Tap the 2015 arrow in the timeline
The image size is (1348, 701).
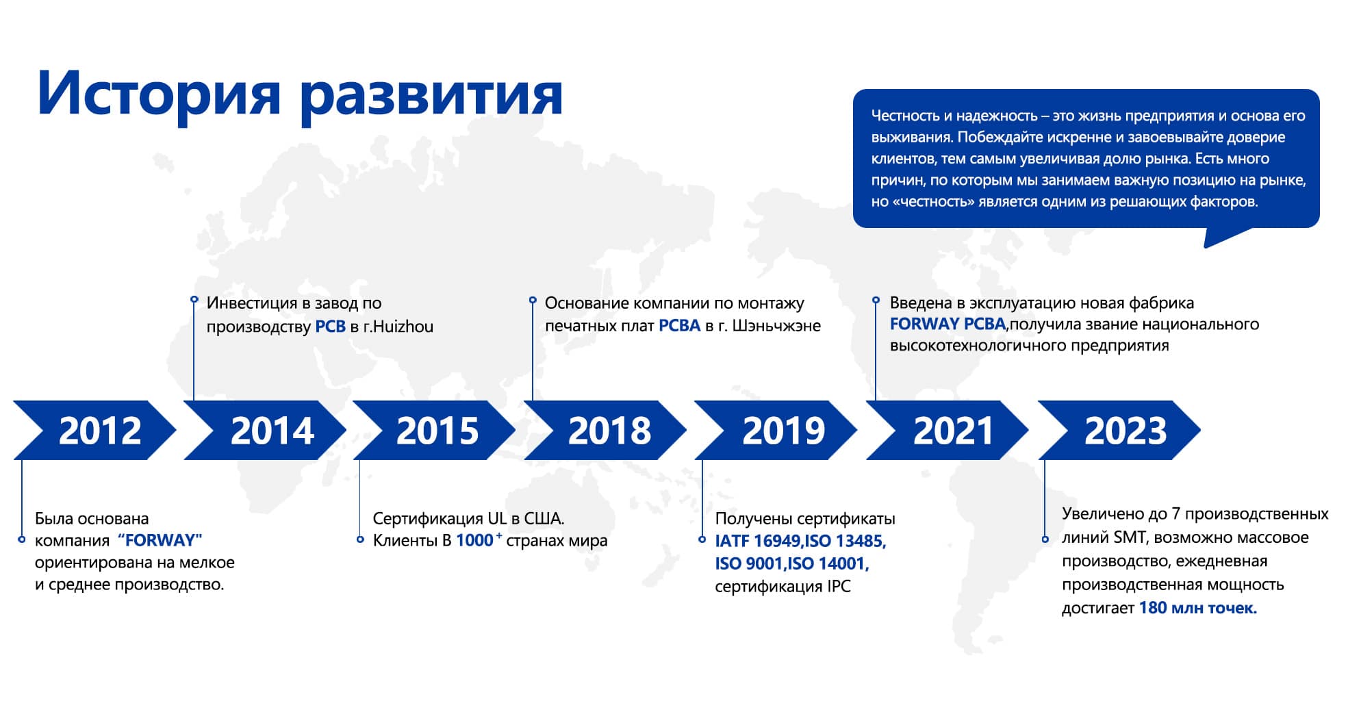(x=435, y=430)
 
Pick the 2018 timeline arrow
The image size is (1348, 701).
(x=606, y=430)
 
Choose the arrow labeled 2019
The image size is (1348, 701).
(x=776, y=430)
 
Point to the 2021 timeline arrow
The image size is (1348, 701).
(x=948, y=430)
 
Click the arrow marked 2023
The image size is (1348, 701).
(x=1119, y=430)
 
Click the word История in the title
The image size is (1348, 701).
(x=159, y=94)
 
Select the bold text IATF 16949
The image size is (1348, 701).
(x=758, y=541)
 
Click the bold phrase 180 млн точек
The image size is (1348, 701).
(x=1197, y=608)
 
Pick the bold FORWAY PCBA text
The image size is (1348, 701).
(x=948, y=324)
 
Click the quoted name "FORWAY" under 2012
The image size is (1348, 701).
(x=160, y=540)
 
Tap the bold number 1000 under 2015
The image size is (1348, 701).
(x=474, y=540)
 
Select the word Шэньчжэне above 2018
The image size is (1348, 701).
(x=776, y=326)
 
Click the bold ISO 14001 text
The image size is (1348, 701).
(x=828, y=563)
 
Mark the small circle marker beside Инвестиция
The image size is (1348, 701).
(x=194, y=300)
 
